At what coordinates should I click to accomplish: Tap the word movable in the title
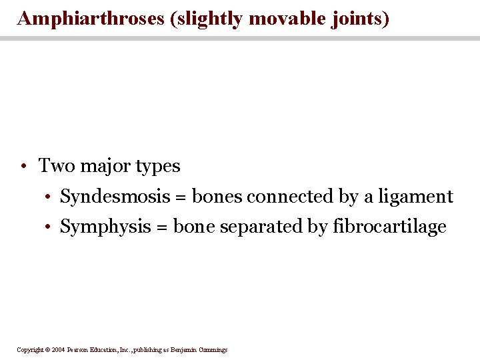click(x=284, y=18)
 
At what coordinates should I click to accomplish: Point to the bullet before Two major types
click(x=23, y=166)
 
